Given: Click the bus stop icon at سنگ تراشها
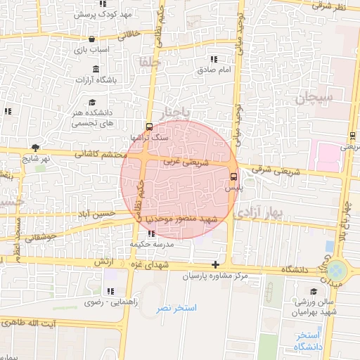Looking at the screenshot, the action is point(149,127).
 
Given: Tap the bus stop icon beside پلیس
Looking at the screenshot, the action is point(234,177).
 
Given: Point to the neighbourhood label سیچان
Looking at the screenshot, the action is point(312,100).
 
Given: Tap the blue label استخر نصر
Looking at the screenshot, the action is point(176,308).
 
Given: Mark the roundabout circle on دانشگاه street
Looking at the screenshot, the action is point(337,270).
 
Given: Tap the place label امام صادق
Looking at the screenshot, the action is point(214,70).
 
